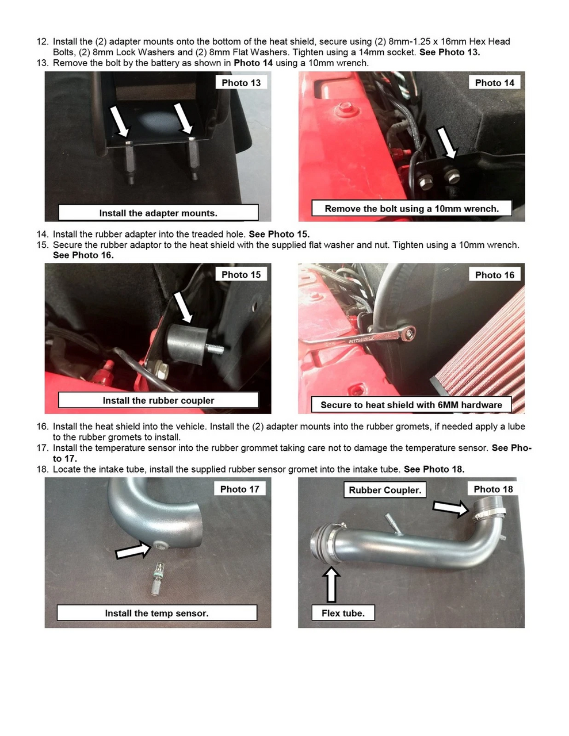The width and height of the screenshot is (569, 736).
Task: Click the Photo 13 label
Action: click(x=241, y=83)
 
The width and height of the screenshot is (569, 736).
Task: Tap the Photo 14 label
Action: click(x=494, y=83)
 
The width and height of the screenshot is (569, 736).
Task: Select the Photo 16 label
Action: click(x=494, y=275)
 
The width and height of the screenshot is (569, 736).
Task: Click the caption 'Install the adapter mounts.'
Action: click(x=158, y=213)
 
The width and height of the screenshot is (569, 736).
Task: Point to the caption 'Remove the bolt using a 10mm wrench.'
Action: click(x=411, y=209)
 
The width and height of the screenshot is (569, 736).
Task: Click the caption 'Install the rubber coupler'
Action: click(x=158, y=400)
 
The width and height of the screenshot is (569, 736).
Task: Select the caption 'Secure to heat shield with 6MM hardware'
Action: click(x=411, y=405)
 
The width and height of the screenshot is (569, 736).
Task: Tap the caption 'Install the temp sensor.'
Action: click(x=156, y=613)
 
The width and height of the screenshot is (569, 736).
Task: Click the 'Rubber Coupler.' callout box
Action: click(x=385, y=490)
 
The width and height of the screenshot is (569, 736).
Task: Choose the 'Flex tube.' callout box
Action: click(x=343, y=613)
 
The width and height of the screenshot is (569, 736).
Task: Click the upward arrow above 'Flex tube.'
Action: click(x=331, y=584)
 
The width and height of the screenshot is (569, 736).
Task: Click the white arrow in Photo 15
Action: click(x=184, y=306)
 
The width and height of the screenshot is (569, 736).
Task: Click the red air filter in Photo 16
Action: click(x=489, y=351)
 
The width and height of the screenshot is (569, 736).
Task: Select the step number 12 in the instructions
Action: click(x=43, y=41)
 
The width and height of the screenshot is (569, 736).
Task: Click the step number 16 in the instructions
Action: click(x=43, y=427)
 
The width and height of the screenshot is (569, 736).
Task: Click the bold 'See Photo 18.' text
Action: click(x=434, y=469)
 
